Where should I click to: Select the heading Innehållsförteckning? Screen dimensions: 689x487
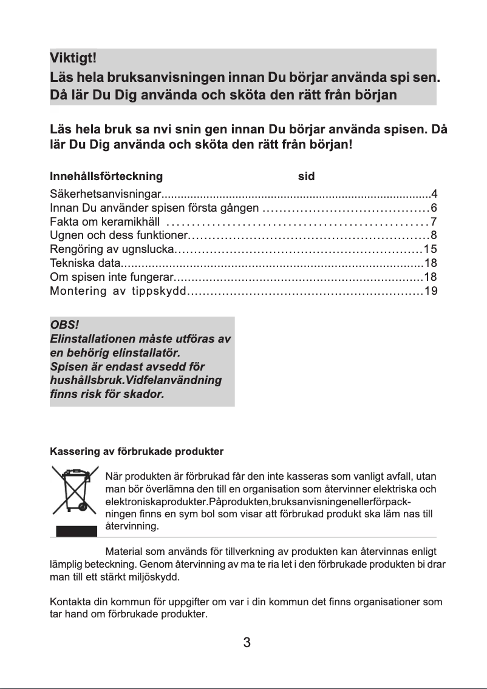point(106,176)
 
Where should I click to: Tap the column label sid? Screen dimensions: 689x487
point(306,176)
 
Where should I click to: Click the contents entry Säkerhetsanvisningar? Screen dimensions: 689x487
point(104,194)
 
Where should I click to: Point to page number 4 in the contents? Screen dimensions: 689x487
point(434,194)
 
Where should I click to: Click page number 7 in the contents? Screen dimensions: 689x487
point(434,221)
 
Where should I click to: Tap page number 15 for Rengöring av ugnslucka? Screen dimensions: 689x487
point(431,249)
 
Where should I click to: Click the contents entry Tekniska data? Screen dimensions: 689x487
point(85,263)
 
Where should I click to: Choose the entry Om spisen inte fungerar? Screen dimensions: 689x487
point(111,277)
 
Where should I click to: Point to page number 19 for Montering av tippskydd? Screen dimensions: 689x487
point(431,291)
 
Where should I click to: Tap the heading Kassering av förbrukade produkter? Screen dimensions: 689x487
point(137,452)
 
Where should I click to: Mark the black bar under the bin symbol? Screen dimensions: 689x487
point(77,531)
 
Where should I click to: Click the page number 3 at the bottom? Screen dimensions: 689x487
point(247,643)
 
